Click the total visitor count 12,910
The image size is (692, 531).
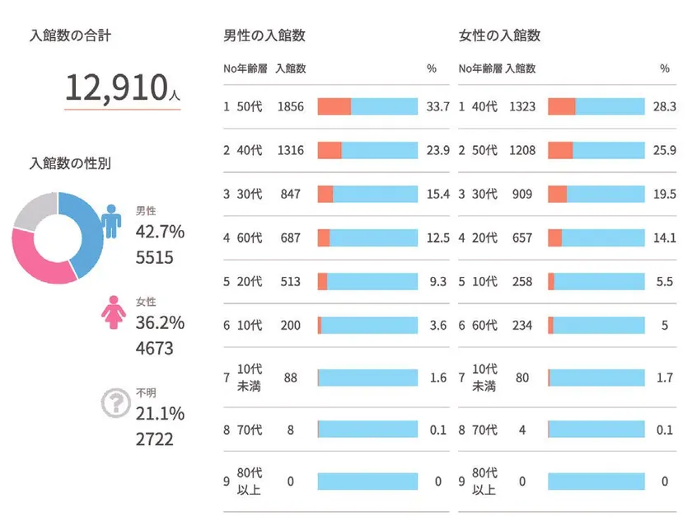coord(116,87)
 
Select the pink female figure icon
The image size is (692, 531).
coord(111,312)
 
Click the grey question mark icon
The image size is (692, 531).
coord(115,403)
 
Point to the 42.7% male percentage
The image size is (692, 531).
coord(160,233)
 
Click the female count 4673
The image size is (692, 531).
coord(154,348)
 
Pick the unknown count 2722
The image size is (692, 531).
coord(154,439)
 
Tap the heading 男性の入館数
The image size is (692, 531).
coord(264,36)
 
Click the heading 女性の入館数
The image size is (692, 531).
coord(499,36)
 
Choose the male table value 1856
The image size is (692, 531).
coord(291,106)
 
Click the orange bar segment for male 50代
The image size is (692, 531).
coord(334,106)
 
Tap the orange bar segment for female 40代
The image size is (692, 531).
coord(561,106)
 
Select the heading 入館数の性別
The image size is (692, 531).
coord(69,163)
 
